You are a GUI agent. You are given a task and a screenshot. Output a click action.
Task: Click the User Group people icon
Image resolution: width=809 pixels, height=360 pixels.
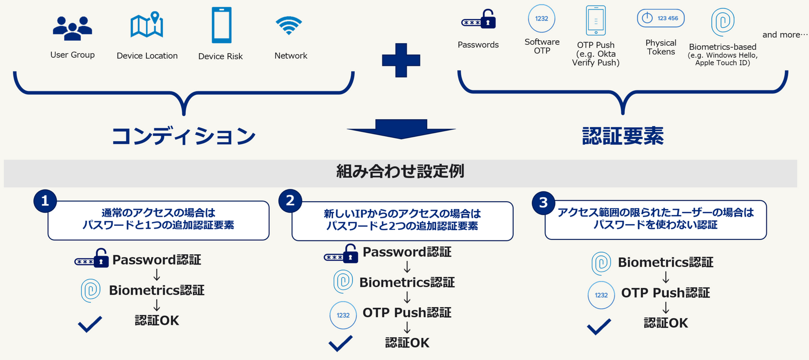click(72, 28)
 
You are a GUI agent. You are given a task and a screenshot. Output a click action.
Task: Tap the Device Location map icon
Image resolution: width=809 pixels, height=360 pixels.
click(147, 25)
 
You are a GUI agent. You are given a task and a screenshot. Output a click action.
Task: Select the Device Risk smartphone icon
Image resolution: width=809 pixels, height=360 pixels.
click(222, 25)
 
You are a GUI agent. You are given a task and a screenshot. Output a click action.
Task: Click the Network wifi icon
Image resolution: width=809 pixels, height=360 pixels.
click(288, 25)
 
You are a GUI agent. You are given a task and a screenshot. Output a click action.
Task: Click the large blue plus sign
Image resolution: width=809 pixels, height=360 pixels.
click(401, 60)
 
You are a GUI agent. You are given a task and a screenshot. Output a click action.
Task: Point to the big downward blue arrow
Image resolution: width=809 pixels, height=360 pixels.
click(401, 129)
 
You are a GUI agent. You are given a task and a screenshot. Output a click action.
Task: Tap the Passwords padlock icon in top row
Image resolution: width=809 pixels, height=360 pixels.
click(478, 20)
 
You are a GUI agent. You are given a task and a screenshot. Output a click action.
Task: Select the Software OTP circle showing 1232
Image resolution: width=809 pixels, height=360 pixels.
click(541, 19)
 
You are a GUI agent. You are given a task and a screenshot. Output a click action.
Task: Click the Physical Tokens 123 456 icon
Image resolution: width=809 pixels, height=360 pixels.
click(661, 18)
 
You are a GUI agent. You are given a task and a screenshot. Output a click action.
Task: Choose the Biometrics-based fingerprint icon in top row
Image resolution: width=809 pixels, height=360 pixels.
click(723, 22)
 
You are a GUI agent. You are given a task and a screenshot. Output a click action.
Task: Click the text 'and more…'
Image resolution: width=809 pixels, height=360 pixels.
click(784, 35)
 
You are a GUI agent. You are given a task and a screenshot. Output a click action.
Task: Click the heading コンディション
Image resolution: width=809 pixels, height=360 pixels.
click(184, 136)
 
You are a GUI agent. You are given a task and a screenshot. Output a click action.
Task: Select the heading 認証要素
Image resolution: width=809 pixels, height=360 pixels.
click(623, 136)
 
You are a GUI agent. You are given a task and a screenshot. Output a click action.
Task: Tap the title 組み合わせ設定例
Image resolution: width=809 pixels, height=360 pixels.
click(400, 171)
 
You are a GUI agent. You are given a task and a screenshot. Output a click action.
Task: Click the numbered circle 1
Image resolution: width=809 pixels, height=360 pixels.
click(45, 201)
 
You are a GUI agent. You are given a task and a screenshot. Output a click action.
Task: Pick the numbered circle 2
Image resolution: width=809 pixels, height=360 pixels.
click(290, 201)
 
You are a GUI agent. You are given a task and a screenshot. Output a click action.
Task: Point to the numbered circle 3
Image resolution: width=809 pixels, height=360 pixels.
click(544, 203)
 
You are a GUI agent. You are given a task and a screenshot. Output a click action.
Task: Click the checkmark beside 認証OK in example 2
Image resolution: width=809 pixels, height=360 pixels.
click(340, 343)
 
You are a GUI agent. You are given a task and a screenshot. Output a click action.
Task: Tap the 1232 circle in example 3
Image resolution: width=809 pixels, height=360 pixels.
click(601, 295)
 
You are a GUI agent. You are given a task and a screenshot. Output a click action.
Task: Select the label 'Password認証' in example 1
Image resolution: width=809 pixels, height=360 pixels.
click(156, 259)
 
